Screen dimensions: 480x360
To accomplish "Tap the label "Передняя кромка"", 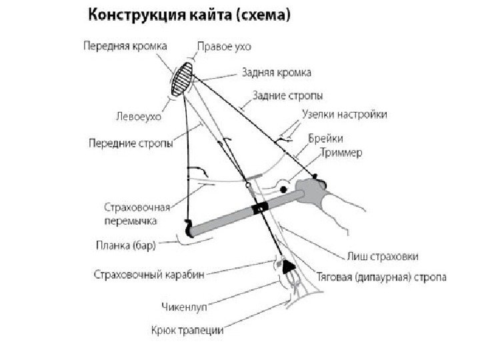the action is [125, 46].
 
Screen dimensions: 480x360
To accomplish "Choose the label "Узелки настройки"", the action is [344, 114].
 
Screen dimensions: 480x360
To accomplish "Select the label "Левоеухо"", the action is [140, 116].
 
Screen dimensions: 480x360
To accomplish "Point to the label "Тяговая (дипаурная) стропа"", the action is [382, 275].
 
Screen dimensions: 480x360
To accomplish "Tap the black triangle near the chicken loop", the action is [289, 267].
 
